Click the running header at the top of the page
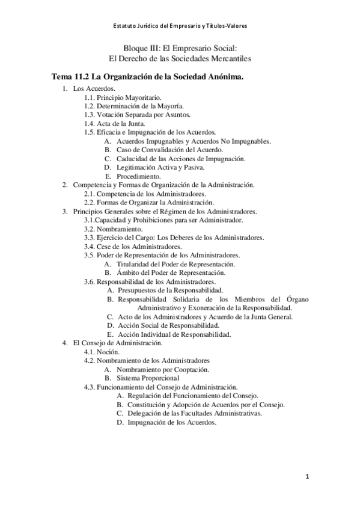pyautogui.click(x=180, y=26)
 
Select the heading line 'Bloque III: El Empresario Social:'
pyautogui.click(x=180, y=49)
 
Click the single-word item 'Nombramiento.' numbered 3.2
pyautogui.click(x=120, y=229)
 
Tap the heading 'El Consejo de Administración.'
pyautogui.click(x=117, y=342)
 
